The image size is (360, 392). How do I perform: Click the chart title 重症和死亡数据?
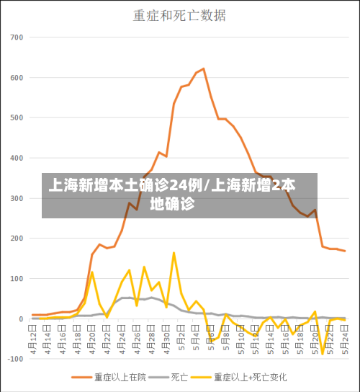point(179,15)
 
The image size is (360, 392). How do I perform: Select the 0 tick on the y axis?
point(21,319)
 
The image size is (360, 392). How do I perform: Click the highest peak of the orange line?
point(204,68)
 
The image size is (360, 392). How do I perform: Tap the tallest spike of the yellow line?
point(174,252)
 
